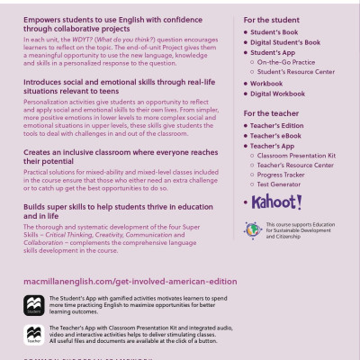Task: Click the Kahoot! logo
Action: coord(277,202)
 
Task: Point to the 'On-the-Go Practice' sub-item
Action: coord(293,63)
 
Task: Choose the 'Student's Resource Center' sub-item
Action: coord(302,72)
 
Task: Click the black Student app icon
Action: coord(35,304)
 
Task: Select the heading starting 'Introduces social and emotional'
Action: coord(120,85)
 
